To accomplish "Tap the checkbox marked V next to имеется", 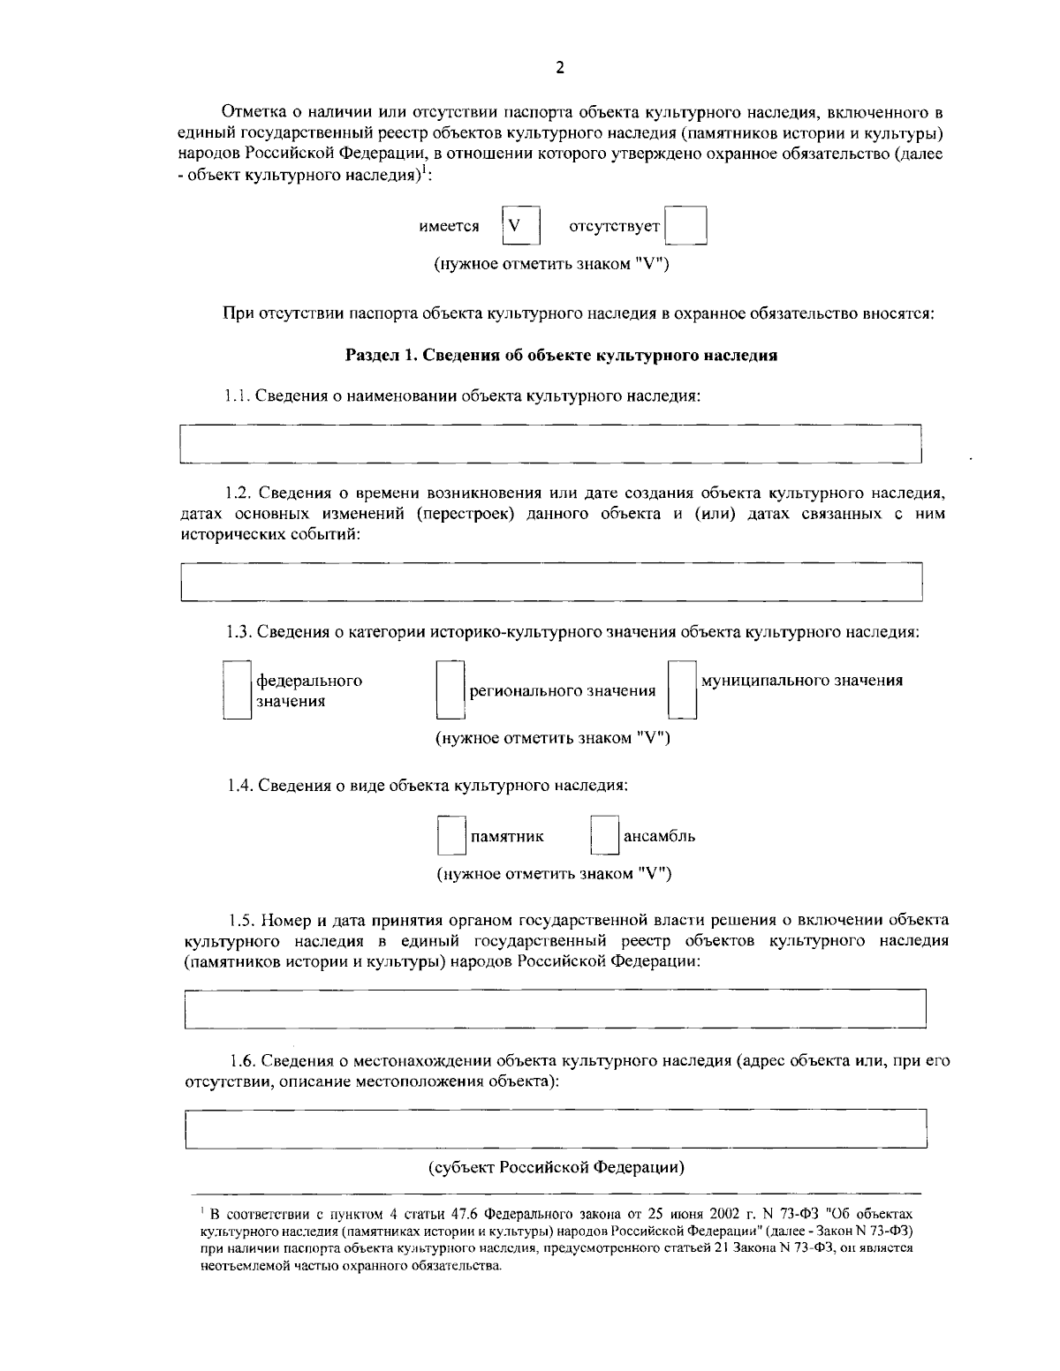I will [519, 226].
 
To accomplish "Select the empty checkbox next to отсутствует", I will [685, 226].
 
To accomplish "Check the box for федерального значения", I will [237, 690].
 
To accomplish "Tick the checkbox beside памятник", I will [451, 835].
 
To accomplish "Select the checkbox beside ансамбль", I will [604, 835].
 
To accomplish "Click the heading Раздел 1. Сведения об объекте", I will [561, 356].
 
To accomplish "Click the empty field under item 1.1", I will [550, 443].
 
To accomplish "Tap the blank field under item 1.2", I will [551, 582].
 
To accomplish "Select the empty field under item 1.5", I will [555, 1009].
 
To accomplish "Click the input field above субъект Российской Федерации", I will [555, 1129].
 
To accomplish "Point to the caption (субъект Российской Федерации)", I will [556, 1167].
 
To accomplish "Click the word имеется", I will [449, 227].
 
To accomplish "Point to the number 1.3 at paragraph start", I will [238, 632].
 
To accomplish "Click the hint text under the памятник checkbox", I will [554, 874].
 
